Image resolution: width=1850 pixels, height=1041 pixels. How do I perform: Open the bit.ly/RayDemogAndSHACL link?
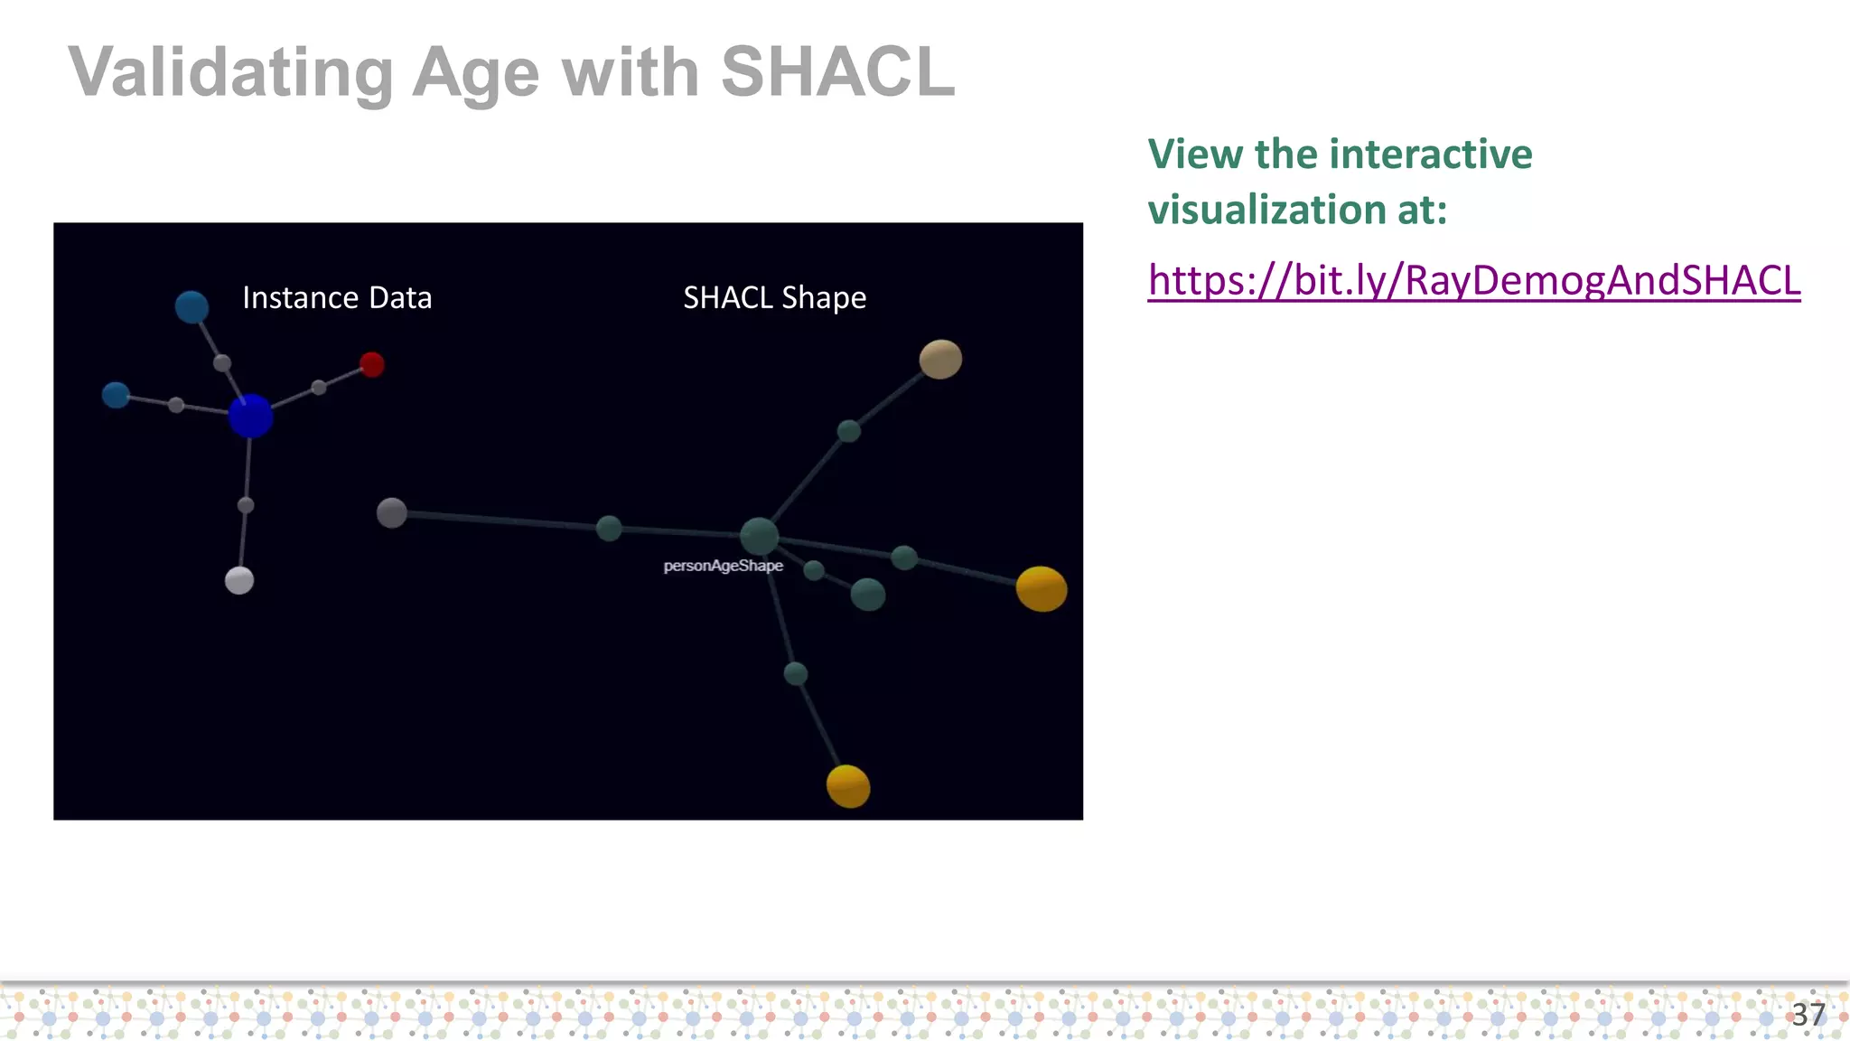point(1473,280)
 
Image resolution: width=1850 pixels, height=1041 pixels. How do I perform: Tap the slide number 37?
point(1808,1014)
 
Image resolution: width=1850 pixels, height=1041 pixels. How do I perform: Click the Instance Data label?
point(337,297)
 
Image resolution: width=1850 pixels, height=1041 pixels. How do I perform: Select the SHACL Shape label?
point(774,297)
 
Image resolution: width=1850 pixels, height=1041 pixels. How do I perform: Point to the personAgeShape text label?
point(723,566)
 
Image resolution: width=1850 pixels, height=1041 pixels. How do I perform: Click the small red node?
point(372,364)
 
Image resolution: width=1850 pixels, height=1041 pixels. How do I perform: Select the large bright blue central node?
point(250,416)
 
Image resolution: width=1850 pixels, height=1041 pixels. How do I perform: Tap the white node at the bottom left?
point(239,580)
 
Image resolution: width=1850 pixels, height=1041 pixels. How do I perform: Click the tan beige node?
point(940,359)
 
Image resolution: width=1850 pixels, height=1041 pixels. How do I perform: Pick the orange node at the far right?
point(1042,589)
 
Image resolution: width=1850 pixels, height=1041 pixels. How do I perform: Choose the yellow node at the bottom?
point(848,785)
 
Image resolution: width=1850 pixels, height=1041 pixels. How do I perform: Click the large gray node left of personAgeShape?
point(391,512)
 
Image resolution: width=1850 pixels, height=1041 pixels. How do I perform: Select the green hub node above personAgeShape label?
point(759,536)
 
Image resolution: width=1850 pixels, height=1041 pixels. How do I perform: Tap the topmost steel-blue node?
point(192,307)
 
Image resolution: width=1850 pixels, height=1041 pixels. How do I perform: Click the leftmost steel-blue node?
point(116,395)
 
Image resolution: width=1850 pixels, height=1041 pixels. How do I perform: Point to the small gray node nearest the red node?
point(319,388)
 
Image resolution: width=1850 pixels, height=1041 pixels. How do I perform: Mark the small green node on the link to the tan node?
point(849,431)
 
